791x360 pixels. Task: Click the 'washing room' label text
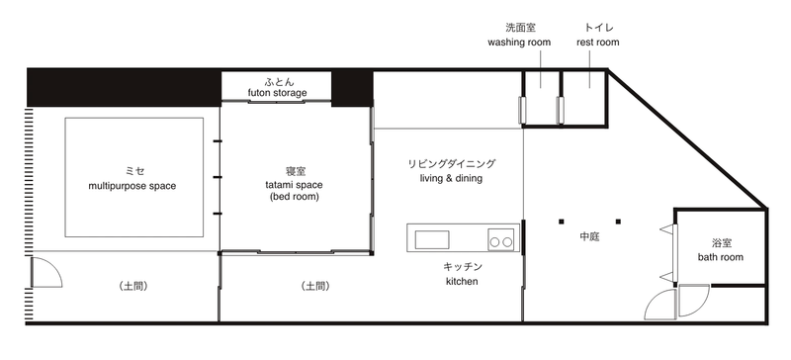pyautogui.click(x=519, y=43)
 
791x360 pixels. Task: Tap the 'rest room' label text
pyautogui.click(x=598, y=43)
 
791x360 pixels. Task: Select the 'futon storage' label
pyautogui.click(x=277, y=93)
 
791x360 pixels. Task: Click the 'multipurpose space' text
pyautogui.click(x=132, y=186)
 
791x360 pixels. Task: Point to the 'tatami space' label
pyautogui.click(x=294, y=185)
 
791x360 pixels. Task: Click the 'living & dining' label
pyautogui.click(x=451, y=178)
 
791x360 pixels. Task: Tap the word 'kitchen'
pyautogui.click(x=462, y=281)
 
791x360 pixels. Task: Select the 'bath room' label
pyautogui.click(x=721, y=257)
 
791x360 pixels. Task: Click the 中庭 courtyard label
pyautogui.click(x=589, y=236)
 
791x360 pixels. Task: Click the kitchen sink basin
pyautogui.click(x=432, y=239)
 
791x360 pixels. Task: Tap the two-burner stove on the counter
pyautogui.click(x=501, y=238)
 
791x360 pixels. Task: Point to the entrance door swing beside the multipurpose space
pyautogui.click(x=46, y=272)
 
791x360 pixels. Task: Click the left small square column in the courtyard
pyautogui.click(x=561, y=222)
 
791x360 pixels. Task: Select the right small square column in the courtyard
pyautogui.click(x=619, y=222)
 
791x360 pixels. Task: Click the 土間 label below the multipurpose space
pyautogui.click(x=133, y=286)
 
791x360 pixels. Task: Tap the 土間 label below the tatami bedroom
pyautogui.click(x=315, y=286)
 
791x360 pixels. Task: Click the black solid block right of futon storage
pyautogui.click(x=352, y=88)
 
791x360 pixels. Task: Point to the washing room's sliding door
pyautogui.click(x=522, y=110)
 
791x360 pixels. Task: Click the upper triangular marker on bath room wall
pyautogui.click(x=666, y=229)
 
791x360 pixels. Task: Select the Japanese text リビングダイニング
pyautogui.click(x=452, y=163)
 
